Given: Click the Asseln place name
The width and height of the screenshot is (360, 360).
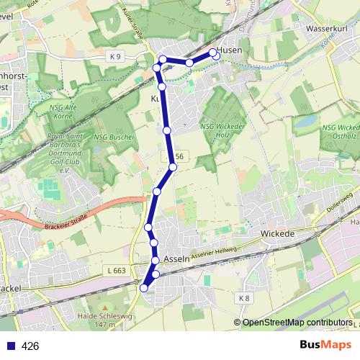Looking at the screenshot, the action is pyautogui.click(x=176, y=258).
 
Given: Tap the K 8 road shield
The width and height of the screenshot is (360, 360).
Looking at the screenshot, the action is pyautogui.click(x=244, y=297).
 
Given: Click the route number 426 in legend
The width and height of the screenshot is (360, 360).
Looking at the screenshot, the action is pyautogui.click(x=30, y=346).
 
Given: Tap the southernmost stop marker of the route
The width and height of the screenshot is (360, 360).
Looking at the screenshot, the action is pyautogui.click(x=144, y=288).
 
